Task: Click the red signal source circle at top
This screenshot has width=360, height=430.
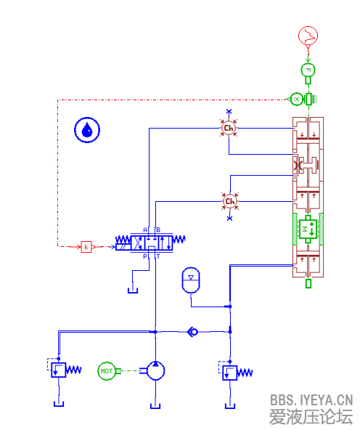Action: coord(308,34)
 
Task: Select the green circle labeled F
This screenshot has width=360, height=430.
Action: coord(308,70)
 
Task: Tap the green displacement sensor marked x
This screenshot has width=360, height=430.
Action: coord(297,98)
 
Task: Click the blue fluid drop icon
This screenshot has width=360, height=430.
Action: coord(88,130)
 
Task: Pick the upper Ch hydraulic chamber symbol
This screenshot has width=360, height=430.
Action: coord(229,129)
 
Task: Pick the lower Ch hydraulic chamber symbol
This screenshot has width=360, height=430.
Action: coord(229,200)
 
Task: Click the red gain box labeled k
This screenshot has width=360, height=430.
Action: coord(86,247)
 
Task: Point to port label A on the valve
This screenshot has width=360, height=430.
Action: coord(145,230)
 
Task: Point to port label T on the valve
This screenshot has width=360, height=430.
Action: coord(158,256)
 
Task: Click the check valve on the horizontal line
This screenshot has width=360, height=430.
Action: coord(192,332)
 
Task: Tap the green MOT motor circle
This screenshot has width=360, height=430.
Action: coord(107,371)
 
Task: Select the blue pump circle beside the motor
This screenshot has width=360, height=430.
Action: coord(155,371)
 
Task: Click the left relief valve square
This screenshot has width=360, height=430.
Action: coord(57,370)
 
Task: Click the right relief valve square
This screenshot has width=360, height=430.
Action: coord(229,373)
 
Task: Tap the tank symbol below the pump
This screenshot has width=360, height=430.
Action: coord(155,404)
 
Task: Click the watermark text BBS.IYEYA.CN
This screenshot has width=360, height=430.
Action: coord(311,399)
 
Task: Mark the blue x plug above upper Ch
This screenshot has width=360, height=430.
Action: coord(229,112)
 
